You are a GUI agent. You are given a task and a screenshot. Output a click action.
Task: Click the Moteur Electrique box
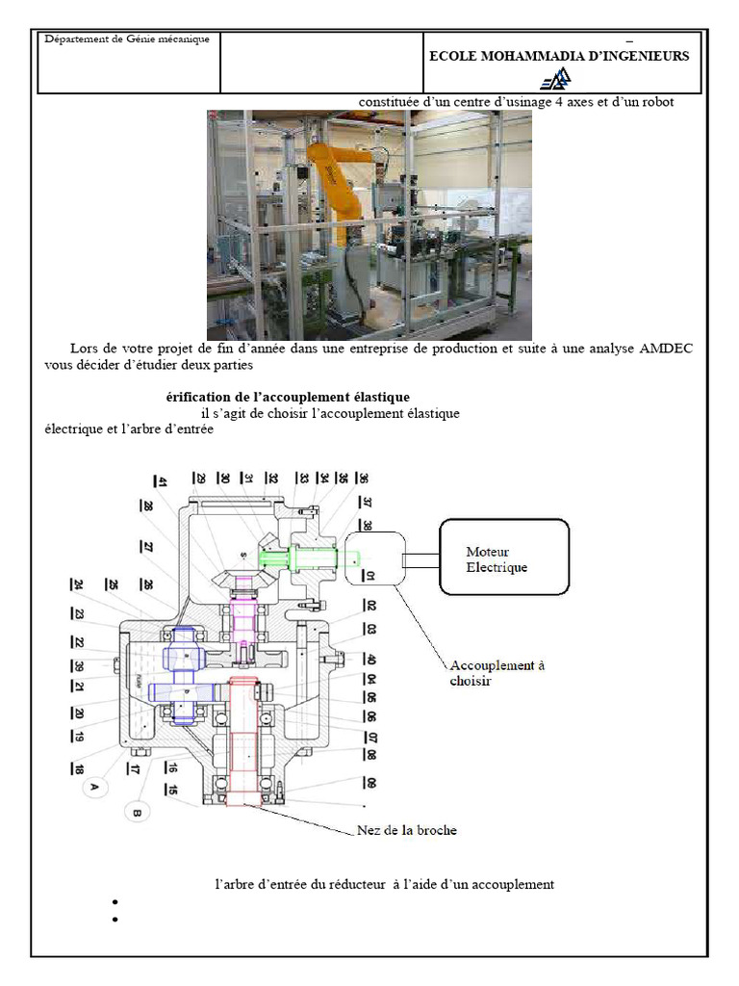[504, 559]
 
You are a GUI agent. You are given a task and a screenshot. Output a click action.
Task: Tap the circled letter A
[94, 787]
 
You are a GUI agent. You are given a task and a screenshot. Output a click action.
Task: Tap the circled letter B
[136, 814]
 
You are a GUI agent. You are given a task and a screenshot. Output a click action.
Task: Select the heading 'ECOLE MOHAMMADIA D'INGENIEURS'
[558, 56]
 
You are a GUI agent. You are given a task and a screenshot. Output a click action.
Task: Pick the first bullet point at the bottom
[115, 902]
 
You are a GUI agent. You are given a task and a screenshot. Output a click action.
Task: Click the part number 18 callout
[75, 768]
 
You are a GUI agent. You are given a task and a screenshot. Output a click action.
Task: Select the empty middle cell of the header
[322, 62]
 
